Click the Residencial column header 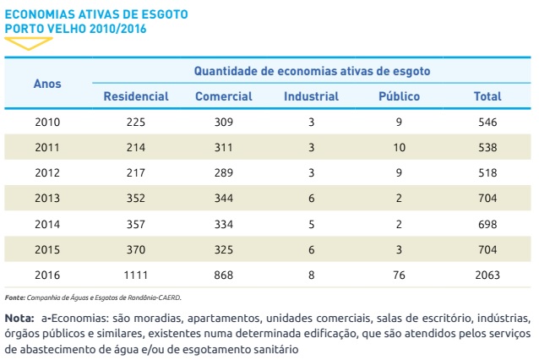tap(136, 96)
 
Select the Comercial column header tap(223, 96)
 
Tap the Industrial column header tap(311, 96)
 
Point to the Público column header tap(399, 96)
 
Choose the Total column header tap(487, 96)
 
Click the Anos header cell tap(47, 84)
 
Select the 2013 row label tap(47, 199)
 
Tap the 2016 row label tap(47, 275)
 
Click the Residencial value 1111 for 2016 tap(136, 275)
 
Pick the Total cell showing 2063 tap(487, 275)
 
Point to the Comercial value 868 tap(223, 275)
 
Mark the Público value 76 tap(399, 275)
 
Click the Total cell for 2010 tap(487, 123)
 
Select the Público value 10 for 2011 tap(399, 148)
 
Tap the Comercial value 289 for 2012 tap(223, 173)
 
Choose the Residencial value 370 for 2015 tap(136, 249)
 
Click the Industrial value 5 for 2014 tap(311, 224)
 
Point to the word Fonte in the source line tap(14, 297)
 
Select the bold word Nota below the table tap(19, 318)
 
